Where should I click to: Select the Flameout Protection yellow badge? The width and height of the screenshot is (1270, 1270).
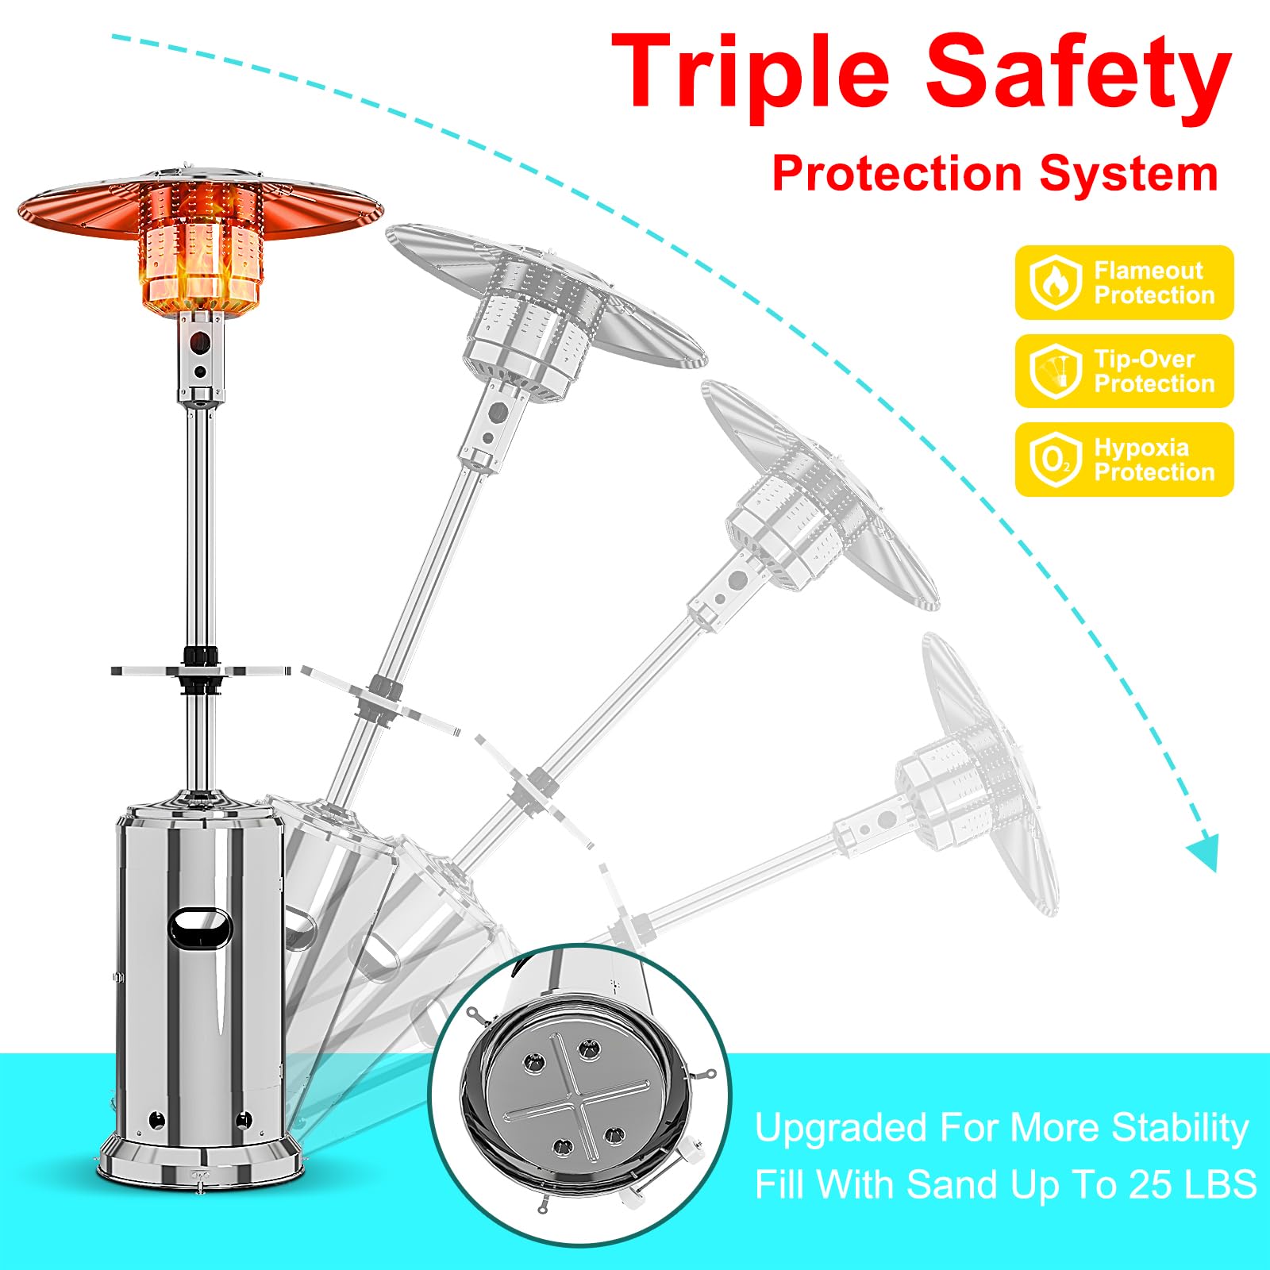pos(1124,283)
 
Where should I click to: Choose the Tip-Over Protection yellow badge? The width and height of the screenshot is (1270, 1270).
pos(1124,371)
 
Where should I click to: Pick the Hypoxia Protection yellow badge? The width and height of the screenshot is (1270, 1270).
pos(1124,460)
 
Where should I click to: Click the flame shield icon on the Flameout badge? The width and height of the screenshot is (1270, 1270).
pos(1056,283)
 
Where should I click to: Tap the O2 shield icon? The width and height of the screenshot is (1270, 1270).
pos(1056,460)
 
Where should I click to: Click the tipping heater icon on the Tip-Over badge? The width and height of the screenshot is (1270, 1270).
pos(1056,371)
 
